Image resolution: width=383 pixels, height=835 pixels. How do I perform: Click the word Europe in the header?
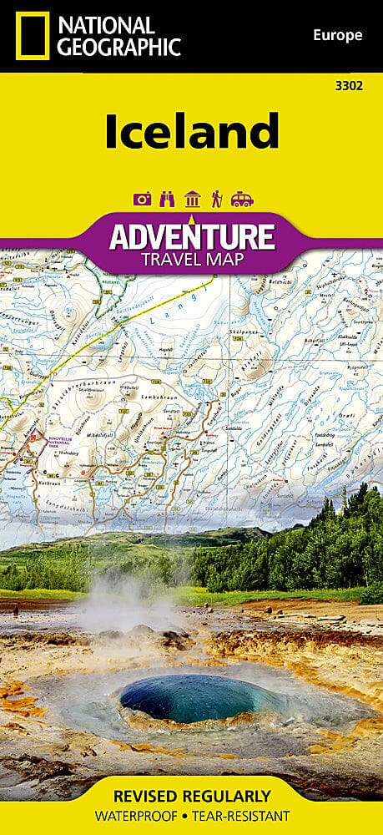pyautogui.click(x=337, y=35)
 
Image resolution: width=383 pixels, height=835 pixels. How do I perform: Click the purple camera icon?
pyautogui.click(x=142, y=199)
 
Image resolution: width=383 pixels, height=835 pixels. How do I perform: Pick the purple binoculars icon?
pyautogui.click(x=167, y=199)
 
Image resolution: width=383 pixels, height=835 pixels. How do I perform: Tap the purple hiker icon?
pyautogui.click(x=216, y=199)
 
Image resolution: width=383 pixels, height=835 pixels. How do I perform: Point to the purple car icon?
pyautogui.click(x=241, y=199)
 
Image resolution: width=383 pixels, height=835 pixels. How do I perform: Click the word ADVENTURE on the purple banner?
pyautogui.click(x=191, y=236)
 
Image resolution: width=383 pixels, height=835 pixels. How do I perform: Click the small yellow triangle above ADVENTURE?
pyautogui.click(x=191, y=220)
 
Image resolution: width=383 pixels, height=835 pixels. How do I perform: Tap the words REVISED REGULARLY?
pyautogui.click(x=191, y=795)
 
